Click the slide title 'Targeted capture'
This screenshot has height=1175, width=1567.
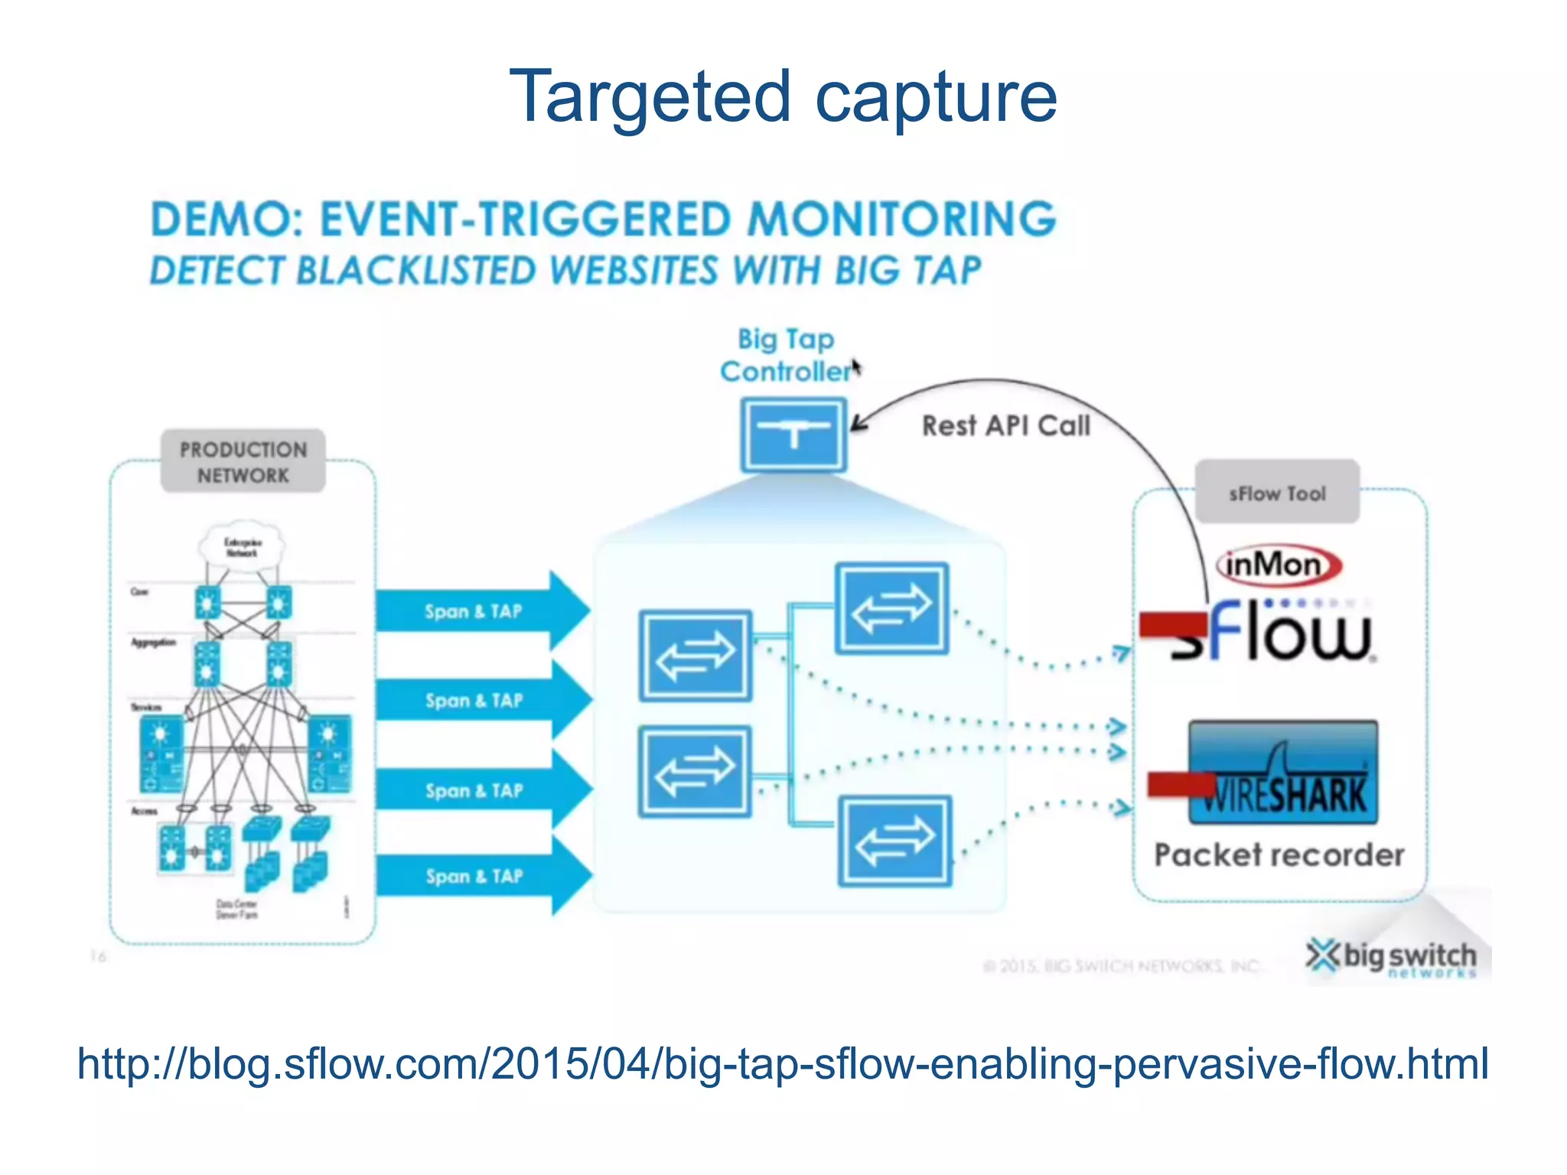pyautogui.click(x=783, y=97)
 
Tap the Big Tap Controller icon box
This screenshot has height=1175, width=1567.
pyautogui.click(x=793, y=435)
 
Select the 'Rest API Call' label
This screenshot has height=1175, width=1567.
pyautogui.click(x=1005, y=425)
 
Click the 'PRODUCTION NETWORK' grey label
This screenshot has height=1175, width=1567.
pyautogui.click(x=243, y=461)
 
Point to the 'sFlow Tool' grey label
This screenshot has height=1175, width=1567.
pyautogui.click(x=1277, y=493)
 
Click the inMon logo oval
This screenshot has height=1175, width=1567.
pyautogui.click(x=1278, y=565)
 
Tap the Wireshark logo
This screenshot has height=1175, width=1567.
pyautogui.click(x=1283, y=773)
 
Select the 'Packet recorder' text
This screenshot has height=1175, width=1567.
pyautogui.click(x=1279, y=855)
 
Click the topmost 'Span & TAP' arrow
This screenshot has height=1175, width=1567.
pyautogui.click(x=482, y=611)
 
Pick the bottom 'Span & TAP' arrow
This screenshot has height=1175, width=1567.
pyautogui.click(x=482, y=876)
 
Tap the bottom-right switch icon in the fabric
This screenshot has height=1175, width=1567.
pyautogui.click(x=894, y=841)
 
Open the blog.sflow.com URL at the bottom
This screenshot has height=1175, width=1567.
pyautogui.click(x=783, y=1063)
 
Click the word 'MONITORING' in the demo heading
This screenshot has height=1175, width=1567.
pyautogui.click(x=901, y=220)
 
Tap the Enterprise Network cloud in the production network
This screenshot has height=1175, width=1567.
pyautogui.click(x=242, y=546)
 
